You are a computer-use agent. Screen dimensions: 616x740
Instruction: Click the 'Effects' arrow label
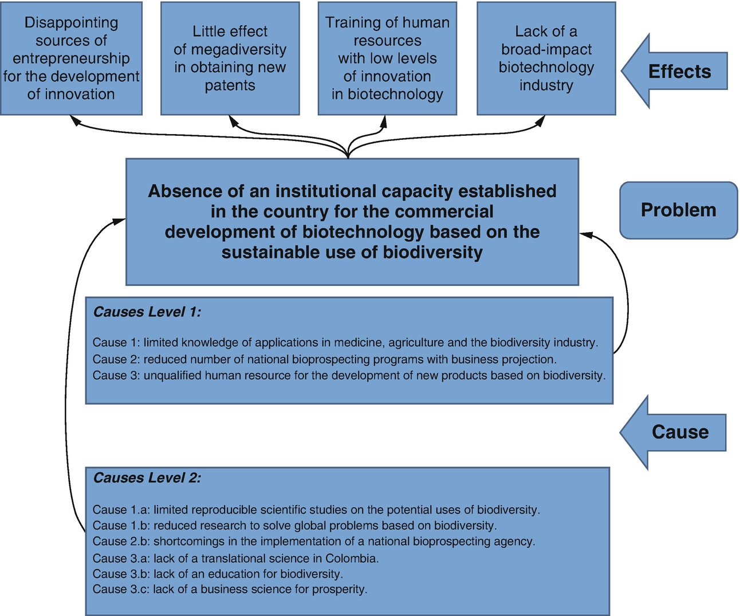[679, 72]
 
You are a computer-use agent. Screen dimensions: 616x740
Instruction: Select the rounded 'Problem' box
[678, 210]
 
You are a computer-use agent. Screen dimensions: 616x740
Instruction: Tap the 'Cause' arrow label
[680, 432]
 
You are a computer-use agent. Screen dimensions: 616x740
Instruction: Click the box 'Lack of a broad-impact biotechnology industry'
[546, 58]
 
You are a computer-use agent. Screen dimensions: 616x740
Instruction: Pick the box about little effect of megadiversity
[230, 58]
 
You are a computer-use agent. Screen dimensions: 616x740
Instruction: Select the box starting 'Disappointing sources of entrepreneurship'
[71, 58]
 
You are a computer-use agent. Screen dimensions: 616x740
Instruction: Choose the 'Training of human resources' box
[387, 58]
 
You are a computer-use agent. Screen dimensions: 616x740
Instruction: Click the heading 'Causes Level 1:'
[147, 312]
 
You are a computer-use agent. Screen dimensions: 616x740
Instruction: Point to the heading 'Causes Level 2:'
[147, 478]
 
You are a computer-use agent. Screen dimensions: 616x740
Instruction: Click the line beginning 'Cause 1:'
[345, 343]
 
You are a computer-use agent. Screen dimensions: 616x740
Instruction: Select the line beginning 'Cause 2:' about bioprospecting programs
[324, 359]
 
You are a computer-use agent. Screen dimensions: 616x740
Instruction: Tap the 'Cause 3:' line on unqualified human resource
[349, 376]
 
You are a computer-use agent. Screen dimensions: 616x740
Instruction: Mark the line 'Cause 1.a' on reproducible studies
[316, 509]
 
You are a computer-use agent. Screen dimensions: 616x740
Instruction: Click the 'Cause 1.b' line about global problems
[294, 525]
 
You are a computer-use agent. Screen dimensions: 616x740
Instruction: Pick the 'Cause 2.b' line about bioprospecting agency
[314, 542]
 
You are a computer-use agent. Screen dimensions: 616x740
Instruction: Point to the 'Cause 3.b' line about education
[218, 574]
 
